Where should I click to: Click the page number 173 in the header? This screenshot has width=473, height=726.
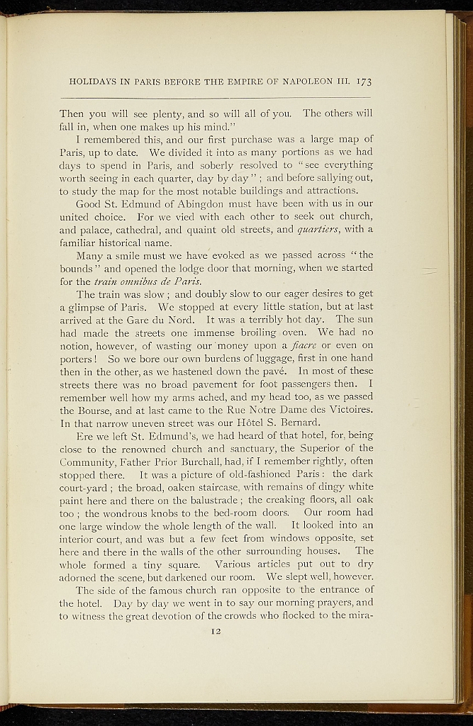coord(364,82)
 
